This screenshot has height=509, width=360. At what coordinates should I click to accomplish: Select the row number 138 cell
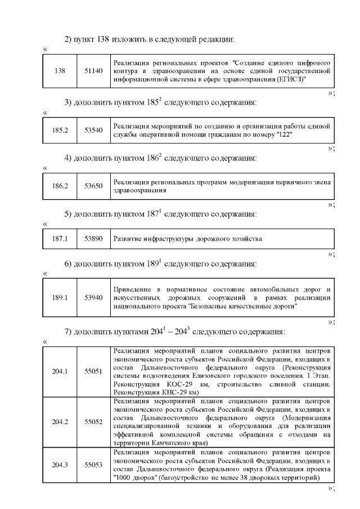60,71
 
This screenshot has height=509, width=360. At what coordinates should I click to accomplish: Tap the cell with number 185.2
60,130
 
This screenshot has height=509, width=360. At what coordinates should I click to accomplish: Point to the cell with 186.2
60,186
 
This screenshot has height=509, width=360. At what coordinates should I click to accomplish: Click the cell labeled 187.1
60,238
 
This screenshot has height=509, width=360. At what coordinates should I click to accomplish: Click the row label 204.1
60,371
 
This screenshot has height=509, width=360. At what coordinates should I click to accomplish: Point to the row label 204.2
60,421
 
